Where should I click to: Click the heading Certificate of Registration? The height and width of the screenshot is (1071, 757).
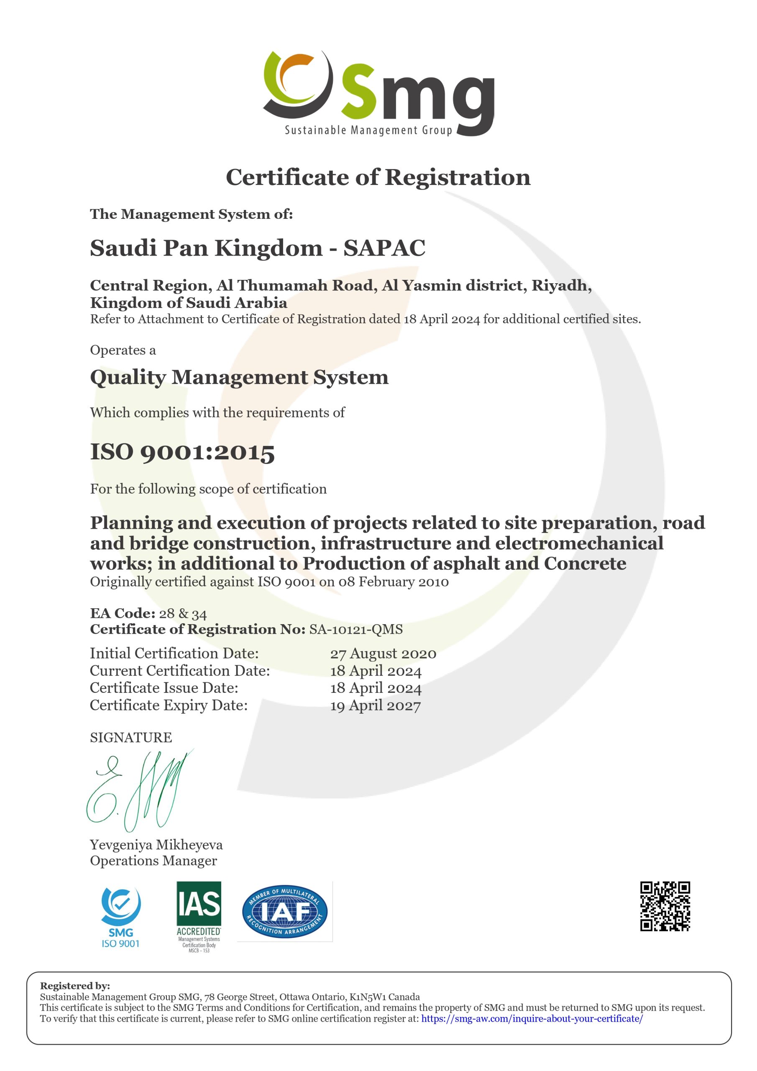378,177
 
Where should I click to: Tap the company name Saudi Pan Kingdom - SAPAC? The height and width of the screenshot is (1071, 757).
258,248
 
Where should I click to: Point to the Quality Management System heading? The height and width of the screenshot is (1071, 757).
239,377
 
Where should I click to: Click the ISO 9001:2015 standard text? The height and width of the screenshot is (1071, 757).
182,451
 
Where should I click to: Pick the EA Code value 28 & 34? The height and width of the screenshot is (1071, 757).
183,613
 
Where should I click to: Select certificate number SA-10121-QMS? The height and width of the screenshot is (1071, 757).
356,629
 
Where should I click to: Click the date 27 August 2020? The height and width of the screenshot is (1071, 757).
383,653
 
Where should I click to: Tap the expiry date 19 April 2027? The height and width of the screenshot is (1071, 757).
375,705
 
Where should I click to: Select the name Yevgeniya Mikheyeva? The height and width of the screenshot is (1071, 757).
156,845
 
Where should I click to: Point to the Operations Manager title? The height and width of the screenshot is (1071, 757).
153,861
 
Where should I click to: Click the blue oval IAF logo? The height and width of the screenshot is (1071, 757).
284,912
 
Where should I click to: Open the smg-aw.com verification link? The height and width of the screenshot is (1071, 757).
532,1018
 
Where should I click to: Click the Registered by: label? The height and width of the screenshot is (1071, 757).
75,986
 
